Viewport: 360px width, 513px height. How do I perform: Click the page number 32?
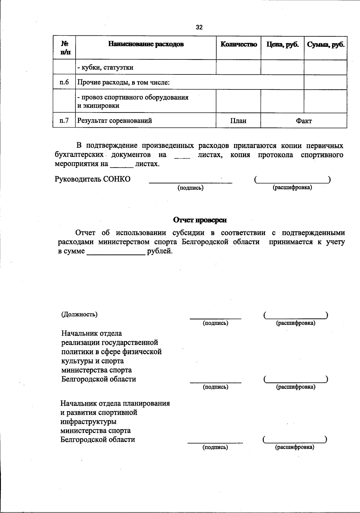point(199,27)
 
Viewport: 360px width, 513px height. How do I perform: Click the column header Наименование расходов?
point(146,44)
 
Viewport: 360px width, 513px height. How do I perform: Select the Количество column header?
point(238,44)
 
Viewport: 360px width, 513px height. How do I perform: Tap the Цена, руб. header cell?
point(283,44)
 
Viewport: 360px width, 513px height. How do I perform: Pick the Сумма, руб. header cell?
point(325,44)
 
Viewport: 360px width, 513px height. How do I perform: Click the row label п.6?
point(64,82)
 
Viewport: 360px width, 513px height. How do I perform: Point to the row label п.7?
point(64,120)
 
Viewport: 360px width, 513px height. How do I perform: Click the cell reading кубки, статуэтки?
point(105,68)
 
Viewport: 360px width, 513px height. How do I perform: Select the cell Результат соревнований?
point(115,121)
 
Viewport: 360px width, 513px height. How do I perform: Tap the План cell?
point(238,121)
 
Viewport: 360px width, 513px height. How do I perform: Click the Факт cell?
point(304,121)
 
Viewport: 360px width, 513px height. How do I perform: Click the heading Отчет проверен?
point(200,220)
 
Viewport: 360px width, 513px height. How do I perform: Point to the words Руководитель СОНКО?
point(93,179)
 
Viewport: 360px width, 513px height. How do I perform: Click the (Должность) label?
point(79,314)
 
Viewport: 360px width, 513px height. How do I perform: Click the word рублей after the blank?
point(160,251)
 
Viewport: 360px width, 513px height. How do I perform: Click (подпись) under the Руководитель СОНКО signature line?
point(190,188)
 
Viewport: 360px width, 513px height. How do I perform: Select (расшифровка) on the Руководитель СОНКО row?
point(292,188)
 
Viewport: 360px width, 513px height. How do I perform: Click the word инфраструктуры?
point(88,421)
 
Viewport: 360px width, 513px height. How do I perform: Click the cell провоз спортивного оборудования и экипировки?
point(133,101)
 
